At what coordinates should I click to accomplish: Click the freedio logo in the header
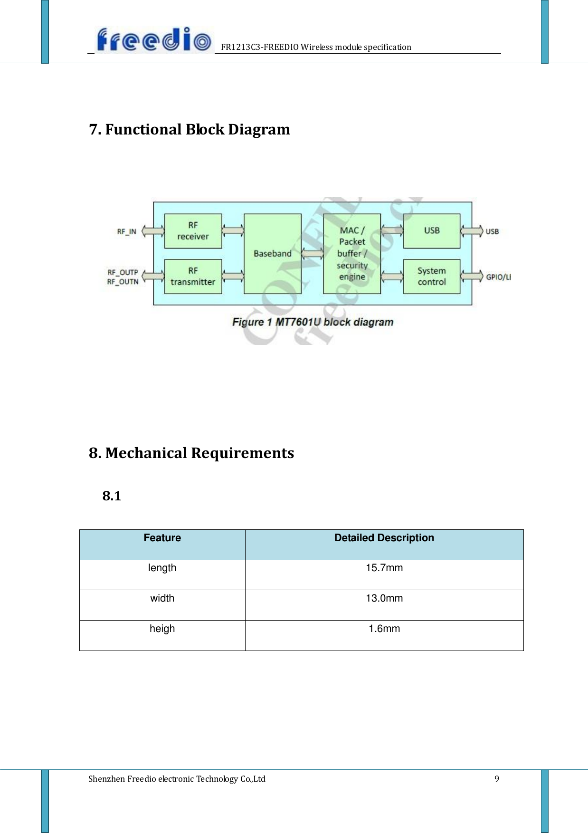click(x=153, y=40)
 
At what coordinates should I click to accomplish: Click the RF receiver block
click(x=193, y=231)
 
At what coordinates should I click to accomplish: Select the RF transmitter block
click(x=193, y=277)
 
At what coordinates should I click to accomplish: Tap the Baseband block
click(x=272, y=254)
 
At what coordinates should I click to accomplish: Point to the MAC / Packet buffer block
click(x=352, y=254)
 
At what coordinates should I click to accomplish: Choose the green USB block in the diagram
click(x=431, y=231)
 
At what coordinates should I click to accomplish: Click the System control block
click(x=431, y=277)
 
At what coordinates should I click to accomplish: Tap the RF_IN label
click(x=126, y=232)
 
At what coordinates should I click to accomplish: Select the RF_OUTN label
click(x=123, y=282)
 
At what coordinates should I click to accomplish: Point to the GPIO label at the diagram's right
click(x=498, y=277)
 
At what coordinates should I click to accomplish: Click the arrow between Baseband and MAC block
click(x=312, y=254)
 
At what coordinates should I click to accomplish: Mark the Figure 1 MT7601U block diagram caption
click(x=313, y=322)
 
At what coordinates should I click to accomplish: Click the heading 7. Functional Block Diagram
click(x=190, y=129)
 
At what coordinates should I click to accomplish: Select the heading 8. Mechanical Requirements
click(x=191, y=453)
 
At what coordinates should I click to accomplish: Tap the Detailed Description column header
click(x=384, y=538)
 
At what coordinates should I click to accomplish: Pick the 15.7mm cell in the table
click(x=384, y=568)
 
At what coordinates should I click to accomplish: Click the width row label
click(x=162, y=598)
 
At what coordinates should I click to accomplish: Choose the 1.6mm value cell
click(x=384, y=629)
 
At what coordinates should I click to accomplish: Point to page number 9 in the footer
click(x=497, y=779)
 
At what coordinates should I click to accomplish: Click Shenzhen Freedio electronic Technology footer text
click(x=177, y=779)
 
